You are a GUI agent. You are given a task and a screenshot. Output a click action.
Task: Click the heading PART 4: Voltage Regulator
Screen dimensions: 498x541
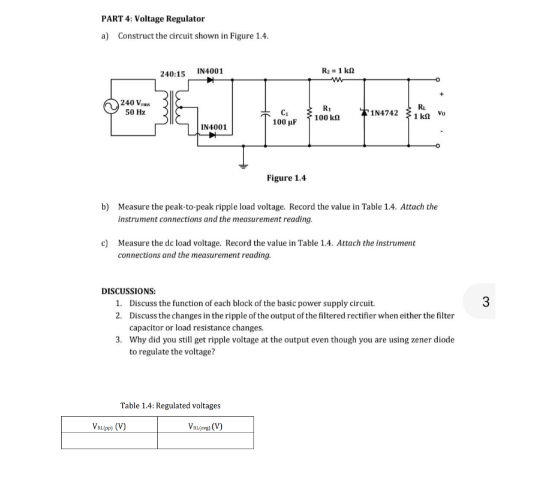[152, 19]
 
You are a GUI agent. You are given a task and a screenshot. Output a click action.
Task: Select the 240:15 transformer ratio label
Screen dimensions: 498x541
[172, 73]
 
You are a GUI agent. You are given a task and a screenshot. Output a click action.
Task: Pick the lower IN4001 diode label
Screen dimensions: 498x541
[214, 127]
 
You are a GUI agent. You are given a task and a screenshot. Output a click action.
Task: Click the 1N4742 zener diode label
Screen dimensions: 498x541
[384, 113]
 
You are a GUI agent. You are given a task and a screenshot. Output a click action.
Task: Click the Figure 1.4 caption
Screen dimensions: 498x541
[286, 178]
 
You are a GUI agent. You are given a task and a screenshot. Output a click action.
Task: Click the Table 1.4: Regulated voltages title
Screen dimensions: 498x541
[170, 405]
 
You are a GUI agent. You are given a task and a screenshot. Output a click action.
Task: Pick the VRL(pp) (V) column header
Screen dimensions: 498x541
[109, 427]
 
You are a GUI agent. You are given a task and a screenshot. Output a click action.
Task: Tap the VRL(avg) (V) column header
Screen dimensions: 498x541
[205, 427]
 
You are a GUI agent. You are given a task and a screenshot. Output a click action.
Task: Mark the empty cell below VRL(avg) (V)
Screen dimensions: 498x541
[205, 442]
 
